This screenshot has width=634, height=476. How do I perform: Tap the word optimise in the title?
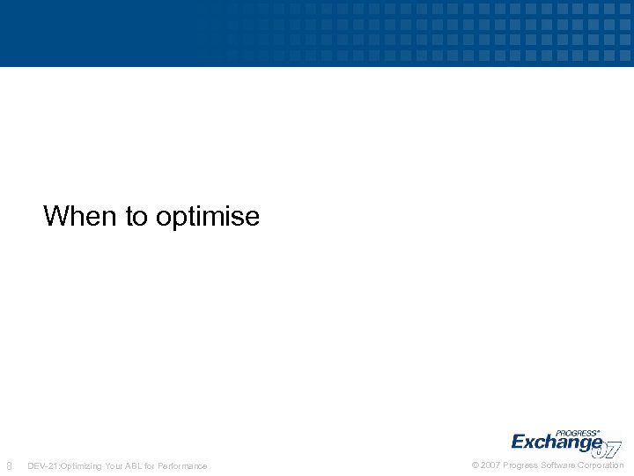[x=208, y=217]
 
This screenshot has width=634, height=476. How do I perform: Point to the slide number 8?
[x=9, y=465]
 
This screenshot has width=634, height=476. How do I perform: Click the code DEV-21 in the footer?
[x=42, y=465]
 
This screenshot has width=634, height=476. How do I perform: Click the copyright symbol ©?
[x=475, y=465]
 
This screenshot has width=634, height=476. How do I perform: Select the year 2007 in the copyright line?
[x=490, y=465]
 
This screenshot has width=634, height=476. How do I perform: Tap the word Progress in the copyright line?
[x=520, y=465]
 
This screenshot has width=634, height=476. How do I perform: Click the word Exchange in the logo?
[x=556, y=442]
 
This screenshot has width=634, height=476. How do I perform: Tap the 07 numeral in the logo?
[x=608, y=449]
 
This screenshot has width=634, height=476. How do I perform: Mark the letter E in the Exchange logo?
[x=519, y=442]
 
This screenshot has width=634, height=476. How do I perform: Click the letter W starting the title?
[x=55, y=216]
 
